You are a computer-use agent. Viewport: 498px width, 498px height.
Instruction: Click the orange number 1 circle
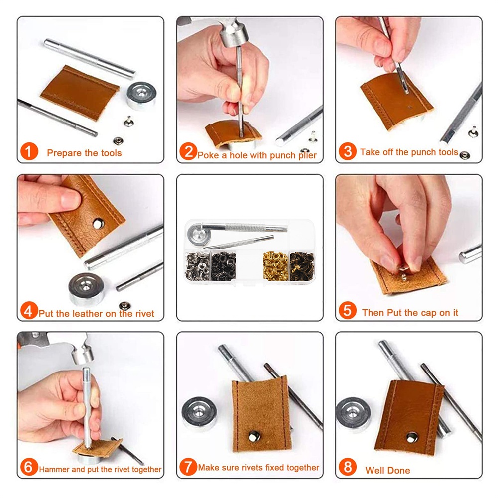tap(29, 151)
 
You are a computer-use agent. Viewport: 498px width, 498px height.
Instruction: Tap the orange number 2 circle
tap(188, 151)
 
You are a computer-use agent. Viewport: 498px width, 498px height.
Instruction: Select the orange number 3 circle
tap(348, 151)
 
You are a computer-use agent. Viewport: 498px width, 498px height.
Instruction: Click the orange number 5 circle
tap(348, 310)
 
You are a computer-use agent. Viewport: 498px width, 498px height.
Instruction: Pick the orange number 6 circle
tap(29, 467)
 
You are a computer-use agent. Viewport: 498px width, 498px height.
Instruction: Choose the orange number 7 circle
tap(188, 467)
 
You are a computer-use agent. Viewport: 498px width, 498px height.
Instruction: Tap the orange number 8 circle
tap(348, 467)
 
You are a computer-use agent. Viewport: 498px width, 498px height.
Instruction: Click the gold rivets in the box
tap(275, 266)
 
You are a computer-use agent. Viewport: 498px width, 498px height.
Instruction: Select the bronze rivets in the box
tap(302, 266)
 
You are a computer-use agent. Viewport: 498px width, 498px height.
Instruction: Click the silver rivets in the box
tap(197, 266)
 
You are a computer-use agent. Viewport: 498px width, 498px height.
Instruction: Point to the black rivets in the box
tap(223, 266)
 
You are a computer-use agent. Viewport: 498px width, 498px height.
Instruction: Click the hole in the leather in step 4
tap(98, 224)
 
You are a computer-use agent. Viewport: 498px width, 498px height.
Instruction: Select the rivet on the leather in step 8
tap(412, 438)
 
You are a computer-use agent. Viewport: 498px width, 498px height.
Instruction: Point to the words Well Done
tap(387, 470)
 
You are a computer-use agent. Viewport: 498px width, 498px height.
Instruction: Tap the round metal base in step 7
tap(199, 413)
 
